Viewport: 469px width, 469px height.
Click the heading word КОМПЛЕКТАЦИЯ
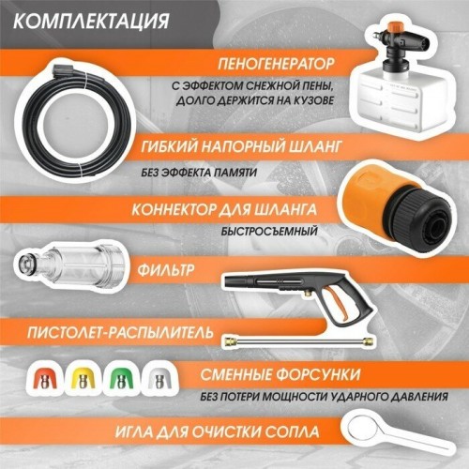coord(94,21)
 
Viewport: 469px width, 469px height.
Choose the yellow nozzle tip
coord(84,378)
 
